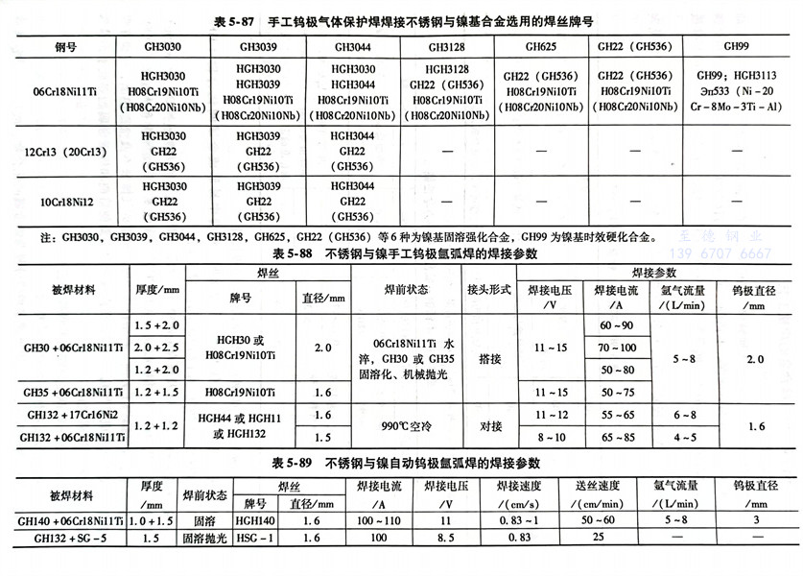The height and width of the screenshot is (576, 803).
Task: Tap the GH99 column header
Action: (x=734, y=44)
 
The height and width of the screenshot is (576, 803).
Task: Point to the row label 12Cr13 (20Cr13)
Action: (x=60, y=152)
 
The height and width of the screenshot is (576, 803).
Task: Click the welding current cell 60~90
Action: (x=616, y=326)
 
